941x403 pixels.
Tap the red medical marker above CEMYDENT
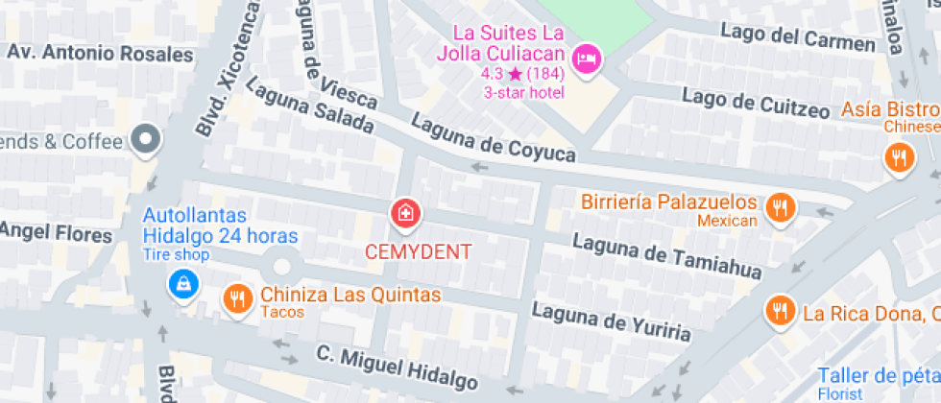(x=405, y=215)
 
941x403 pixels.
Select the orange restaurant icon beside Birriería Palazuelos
(x=780, y=206)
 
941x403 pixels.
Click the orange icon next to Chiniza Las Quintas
(x=237, y=298)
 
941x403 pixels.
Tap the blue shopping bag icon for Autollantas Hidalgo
(x=180, y=283)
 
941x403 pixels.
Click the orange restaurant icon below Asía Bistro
(x=899, y=157)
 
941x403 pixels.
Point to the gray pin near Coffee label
(x=146, y=141)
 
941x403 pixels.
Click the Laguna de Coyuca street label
(x=494, y=138)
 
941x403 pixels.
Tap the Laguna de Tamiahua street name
(x=667, y=256)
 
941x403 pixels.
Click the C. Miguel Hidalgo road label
(x=397, y=368)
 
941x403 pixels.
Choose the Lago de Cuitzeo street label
(x=756, y=103)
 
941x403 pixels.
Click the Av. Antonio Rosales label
(x=100, y=53)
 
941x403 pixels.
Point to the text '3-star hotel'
(x=524, y=93)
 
